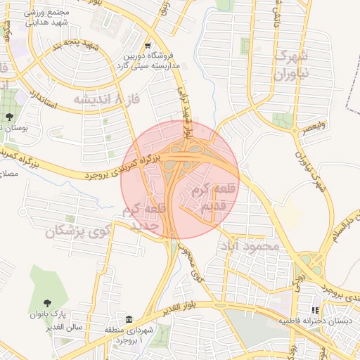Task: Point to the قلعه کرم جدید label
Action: point(146,217)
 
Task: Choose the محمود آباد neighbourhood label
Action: point(250,246)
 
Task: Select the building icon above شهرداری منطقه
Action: point(129,319)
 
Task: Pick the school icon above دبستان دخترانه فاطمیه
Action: point(314,309)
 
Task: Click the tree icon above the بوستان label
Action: point(8,117)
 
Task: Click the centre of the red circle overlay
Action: point(180,180)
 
